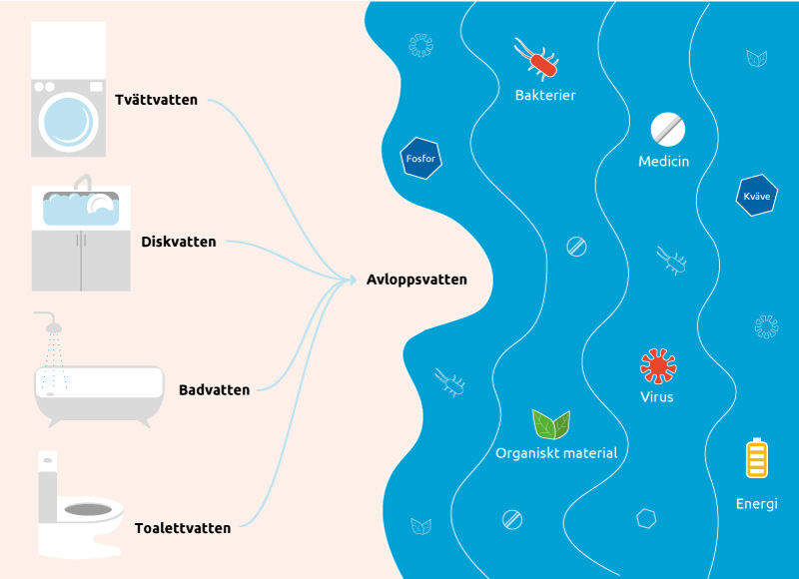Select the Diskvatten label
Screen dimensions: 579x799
[x=179, y=242]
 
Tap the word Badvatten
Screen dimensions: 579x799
[x=214, y=389]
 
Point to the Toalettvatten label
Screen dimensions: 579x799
[x=183, y=528]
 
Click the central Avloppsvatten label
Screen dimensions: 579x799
[x=416, y=280]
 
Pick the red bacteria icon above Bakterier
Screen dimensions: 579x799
[x=538, y=60]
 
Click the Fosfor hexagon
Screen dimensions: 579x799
[x=420, y=157]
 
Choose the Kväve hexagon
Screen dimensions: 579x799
[x=757, y=196]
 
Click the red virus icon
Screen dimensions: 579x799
[x=658, y=365]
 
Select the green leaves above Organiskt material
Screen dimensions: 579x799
[x=550, y=424]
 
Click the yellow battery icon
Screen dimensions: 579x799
[x=757, y=458]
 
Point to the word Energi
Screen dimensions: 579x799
[x=756, y=503]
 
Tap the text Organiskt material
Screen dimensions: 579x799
[x=556, y=452]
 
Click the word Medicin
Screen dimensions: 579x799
[x=664, y=161]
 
